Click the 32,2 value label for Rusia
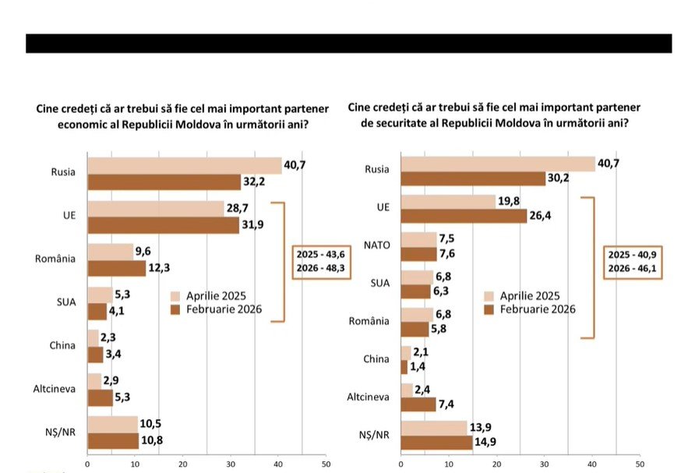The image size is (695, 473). [258, 182]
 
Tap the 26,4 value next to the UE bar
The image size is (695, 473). [544, 216]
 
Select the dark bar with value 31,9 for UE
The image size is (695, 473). [164, 225]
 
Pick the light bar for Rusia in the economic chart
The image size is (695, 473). [184, 166]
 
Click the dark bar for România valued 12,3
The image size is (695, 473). [116, 268]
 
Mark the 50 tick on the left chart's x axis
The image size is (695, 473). [326, 464]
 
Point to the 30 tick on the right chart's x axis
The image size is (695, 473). [543, 464]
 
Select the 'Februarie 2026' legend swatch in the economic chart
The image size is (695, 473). [177, 309]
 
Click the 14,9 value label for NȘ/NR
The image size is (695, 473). [489, 443]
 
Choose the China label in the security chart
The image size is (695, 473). [376, 359]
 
